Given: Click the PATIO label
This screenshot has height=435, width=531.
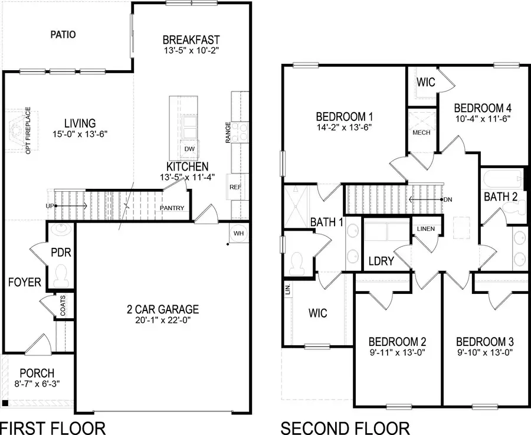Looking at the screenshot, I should pyautogui.click(x=63, y=34).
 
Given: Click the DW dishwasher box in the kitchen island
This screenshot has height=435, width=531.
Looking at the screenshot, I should pyautogui.click(x=189, y=149).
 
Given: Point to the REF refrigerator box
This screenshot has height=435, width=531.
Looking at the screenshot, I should pyautogui.click(x=235, y=187).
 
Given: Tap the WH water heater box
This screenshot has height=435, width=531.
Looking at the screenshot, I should pyautogui.click(x=239, y=233).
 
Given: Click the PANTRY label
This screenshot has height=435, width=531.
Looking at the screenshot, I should pyautogui.click(x=172, y=208).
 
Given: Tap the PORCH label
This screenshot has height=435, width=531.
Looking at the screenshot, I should pyautogui.click(x=37, y=373).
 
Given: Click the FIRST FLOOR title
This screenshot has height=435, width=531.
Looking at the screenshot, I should pyautogui.click(x=53, y=426).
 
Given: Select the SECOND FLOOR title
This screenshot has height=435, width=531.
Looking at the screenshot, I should pyautogui.click(x=345, y=426).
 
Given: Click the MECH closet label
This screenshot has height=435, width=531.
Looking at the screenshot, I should pyautogui.click(x=421, y=132).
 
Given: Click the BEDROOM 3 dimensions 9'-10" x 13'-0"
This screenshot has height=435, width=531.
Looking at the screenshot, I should pyautogui.click(x=485, y=353).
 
